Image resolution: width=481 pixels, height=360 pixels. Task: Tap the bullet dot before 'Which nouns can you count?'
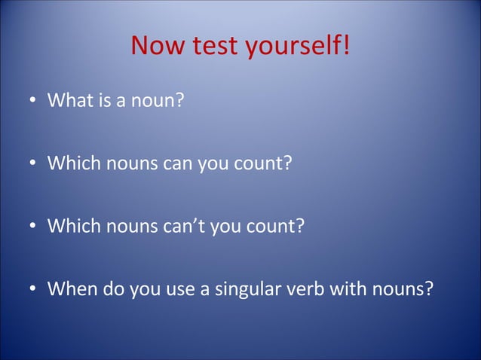point(34,163)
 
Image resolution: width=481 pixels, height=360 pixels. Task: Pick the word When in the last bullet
point(72,289)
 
